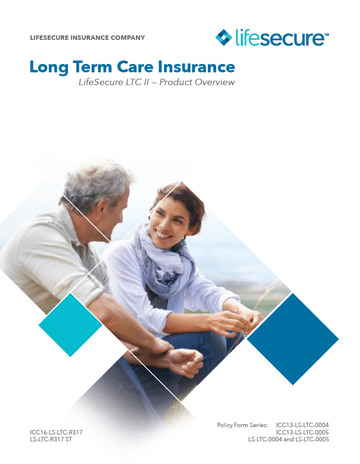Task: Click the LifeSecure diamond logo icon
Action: point(224,37)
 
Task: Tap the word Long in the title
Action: point(48,66)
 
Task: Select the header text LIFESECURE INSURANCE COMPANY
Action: point(88,37)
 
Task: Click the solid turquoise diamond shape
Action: point(70,324)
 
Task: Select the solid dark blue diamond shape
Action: point(293,339)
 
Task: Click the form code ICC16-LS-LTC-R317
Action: point(56,433)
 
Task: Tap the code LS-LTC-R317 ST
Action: point(51,439)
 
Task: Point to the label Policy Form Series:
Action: point(242,425)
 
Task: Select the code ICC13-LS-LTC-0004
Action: point(302,425)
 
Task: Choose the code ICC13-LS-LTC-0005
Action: point(302,432)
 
